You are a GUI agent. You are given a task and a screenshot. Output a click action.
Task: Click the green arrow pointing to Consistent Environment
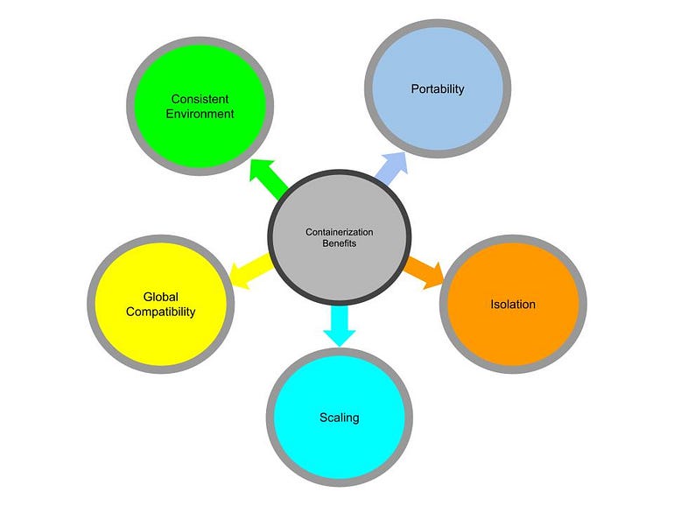click(x=269, y=179)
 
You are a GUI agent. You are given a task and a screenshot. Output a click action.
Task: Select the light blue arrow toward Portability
click(x=391, y=168)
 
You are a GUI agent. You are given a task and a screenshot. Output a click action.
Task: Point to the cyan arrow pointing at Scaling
click(x=339, y=326)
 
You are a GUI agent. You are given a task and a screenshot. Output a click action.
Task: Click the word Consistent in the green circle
click(x=200, y=99)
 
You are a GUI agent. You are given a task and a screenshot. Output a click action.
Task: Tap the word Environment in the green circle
click(x=200, y=114)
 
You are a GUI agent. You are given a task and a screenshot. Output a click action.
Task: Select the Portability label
click(x=438, y=89)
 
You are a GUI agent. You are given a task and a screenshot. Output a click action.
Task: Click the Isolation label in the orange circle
click(x=513, y=305)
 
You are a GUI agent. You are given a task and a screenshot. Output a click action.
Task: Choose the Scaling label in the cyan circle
click(x=339, y=418)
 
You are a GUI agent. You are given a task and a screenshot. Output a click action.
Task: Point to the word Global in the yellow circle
click(x=161, y=297)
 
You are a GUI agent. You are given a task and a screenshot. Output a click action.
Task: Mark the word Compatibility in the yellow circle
click(x=161, y=312)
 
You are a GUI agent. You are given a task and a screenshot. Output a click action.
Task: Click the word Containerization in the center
click(x=339, y=232)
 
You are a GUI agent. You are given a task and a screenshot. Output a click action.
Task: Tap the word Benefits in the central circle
click(x=339, y=243)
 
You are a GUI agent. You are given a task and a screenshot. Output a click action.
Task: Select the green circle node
click(x=200, y=106)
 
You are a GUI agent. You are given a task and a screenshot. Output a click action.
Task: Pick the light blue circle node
click(x=438, y=88)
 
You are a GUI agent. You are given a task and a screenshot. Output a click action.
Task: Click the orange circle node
click(x=513, y=304)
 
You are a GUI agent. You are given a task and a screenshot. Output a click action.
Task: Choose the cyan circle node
click(x=339, y=417)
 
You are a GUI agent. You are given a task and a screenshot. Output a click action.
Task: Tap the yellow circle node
click(x=161, y=304)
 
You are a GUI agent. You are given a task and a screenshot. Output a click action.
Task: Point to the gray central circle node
click(x=339, y=237)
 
